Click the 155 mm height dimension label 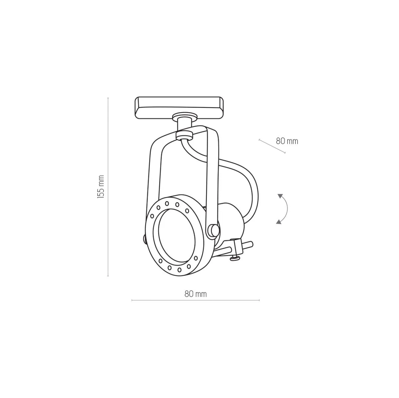pyautogui.click(x=100, y=187)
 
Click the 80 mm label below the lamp pyautogui.click(x=195, y=293)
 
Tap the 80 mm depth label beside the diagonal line pyautogui.click(x=287, y=141)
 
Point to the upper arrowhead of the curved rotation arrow pyautogui.click(x=280, y=196)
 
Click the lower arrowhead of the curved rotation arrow pyautogui.click(x=279, y=222)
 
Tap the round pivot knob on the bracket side pyautogui.click(x=213, y=230)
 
